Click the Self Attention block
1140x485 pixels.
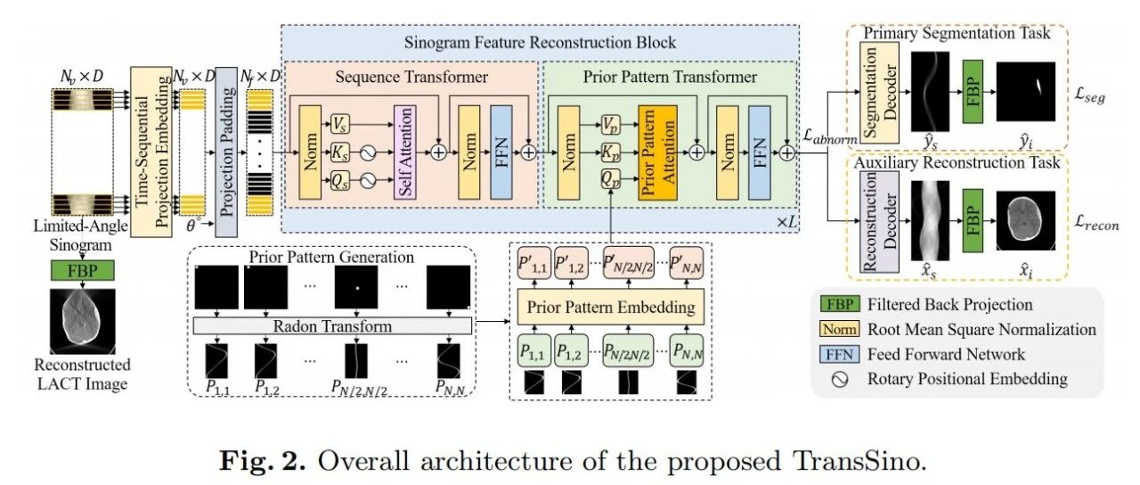[x=405, y=152]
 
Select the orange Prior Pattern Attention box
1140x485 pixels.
[x=657, y=152]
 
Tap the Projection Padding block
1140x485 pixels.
[x=226, y=152]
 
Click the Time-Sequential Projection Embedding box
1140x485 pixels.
[x=151, y=152]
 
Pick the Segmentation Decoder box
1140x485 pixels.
[x=879, y=92]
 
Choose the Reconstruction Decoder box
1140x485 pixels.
[x=879, y=222]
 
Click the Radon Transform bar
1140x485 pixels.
[x=332, y=326]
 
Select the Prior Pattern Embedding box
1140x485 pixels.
[x=611, y=307]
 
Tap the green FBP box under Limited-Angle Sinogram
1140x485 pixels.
[x=83, y=270]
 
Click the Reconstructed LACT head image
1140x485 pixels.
[x=83, y=322]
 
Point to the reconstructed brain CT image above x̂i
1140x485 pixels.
[x=1025, y=220]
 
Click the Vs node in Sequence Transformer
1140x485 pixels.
[x=340, y=124]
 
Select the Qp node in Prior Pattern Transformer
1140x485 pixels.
[x=610, y=179]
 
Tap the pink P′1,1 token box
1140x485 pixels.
[x=533, y=263]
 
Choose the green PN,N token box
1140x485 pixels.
[x=687, y=350]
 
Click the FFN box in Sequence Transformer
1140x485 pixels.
[x=501, y=152]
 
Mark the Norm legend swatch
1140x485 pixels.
[x=839, y=329]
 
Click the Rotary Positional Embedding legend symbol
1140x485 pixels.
[x=840, y=380]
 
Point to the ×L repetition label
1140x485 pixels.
[x=786, y=222]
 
